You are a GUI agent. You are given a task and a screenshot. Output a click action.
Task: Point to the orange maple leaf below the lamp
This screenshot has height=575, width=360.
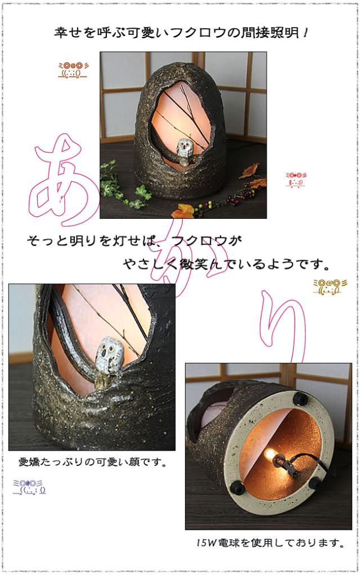182,212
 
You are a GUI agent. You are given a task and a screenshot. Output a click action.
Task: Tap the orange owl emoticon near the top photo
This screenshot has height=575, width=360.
72,70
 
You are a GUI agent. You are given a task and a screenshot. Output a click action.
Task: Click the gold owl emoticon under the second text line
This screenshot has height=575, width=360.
326,286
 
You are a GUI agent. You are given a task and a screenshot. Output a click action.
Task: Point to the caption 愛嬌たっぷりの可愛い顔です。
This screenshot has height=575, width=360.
93,464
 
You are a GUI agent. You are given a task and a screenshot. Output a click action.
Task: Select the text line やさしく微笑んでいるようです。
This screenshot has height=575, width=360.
226,263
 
